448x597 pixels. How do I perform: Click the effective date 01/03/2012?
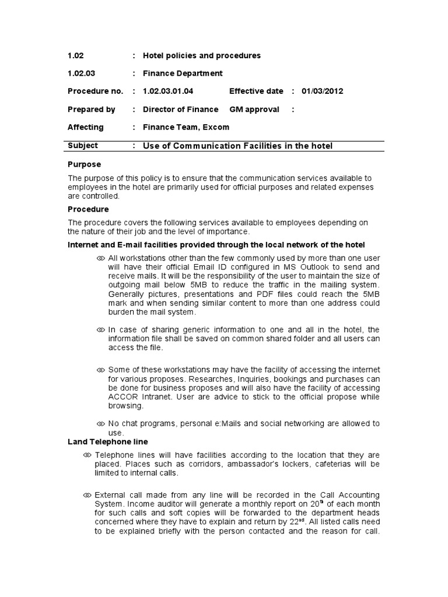click(322, 92)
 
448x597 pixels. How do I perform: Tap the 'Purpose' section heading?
click(84, 164)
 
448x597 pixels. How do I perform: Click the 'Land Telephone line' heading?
click(108, 442)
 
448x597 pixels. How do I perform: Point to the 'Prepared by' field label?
click(91, 110)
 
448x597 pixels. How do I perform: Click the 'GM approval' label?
click(254, 110)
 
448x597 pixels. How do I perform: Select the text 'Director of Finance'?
click(180, 110)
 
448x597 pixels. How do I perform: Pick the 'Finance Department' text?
click(183, 73)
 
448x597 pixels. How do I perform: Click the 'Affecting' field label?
click(85, 127)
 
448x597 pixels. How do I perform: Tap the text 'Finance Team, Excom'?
click(186, 127)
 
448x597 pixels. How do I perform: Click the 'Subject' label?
click(83, 146)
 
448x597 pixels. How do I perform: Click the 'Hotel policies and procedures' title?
click(202, 56)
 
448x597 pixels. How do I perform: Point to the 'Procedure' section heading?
click(88, 209)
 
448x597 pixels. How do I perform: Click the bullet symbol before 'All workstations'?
click(100, 258)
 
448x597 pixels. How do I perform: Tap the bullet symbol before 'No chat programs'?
click(100, 424)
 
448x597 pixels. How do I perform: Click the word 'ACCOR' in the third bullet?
click(121, 398)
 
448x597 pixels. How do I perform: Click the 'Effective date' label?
click(256, 92)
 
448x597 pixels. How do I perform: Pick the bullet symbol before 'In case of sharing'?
click(100, 330)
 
